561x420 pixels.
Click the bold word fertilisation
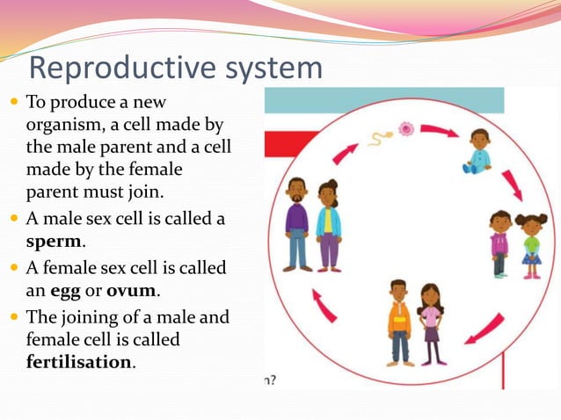pos(79,361)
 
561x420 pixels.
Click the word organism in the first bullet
pos(66,125)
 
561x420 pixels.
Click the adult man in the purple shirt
pos(297,223)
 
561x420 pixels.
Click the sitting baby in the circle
pos(477,151)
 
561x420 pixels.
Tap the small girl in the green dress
pos(531,245)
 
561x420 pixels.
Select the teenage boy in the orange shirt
pos(399,322)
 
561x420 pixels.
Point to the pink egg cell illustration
pos(405,129)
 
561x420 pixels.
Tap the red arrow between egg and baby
pos(439,131)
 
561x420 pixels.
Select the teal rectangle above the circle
pos(384,100)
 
